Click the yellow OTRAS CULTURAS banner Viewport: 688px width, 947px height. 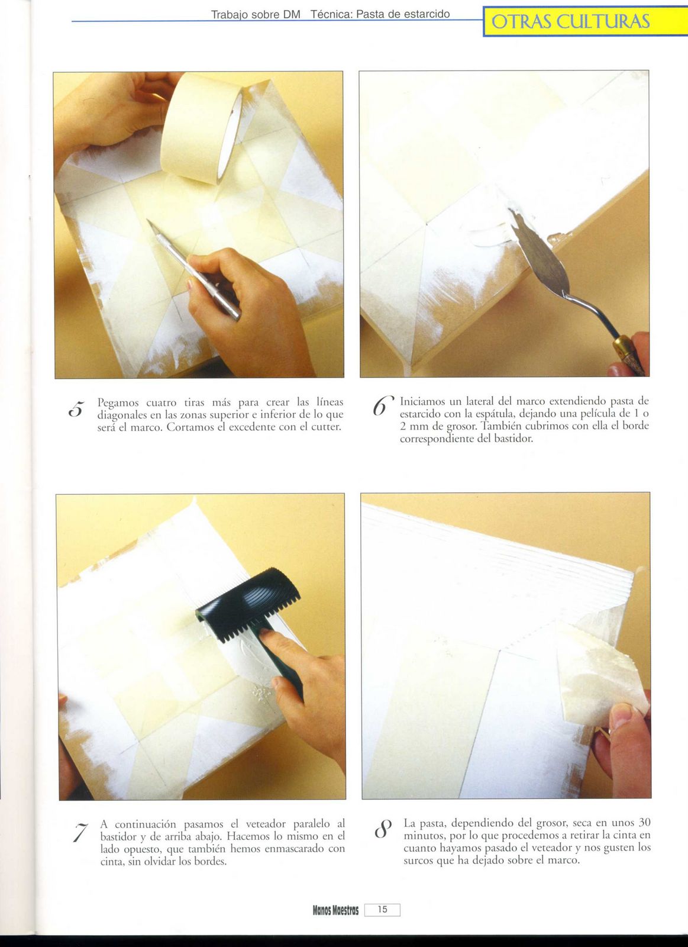tap(585, 21)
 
